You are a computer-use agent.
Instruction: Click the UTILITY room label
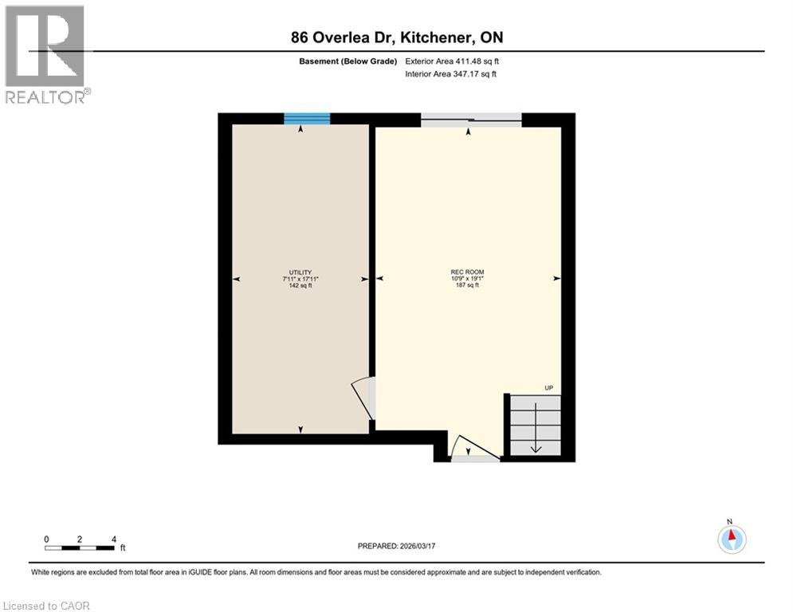(300, 272)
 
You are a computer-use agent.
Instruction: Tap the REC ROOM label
(467, 272)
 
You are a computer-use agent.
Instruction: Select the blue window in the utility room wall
(307, 119)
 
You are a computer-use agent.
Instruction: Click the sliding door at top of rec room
(471, 120)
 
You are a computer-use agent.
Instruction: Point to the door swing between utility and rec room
(364, 396)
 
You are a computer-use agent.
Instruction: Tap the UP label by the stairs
(548, 388)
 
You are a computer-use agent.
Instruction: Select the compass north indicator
(732, 539)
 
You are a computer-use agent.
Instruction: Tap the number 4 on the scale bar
(114, 539)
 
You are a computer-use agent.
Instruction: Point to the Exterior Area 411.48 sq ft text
(452, 61)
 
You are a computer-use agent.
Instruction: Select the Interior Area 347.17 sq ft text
(451, 74)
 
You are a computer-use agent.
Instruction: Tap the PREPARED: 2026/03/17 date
(396, 546)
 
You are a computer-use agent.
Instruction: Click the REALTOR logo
(45, 53)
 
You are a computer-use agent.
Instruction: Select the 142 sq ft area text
(300, 285)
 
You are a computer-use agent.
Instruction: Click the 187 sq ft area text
(467, 285)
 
